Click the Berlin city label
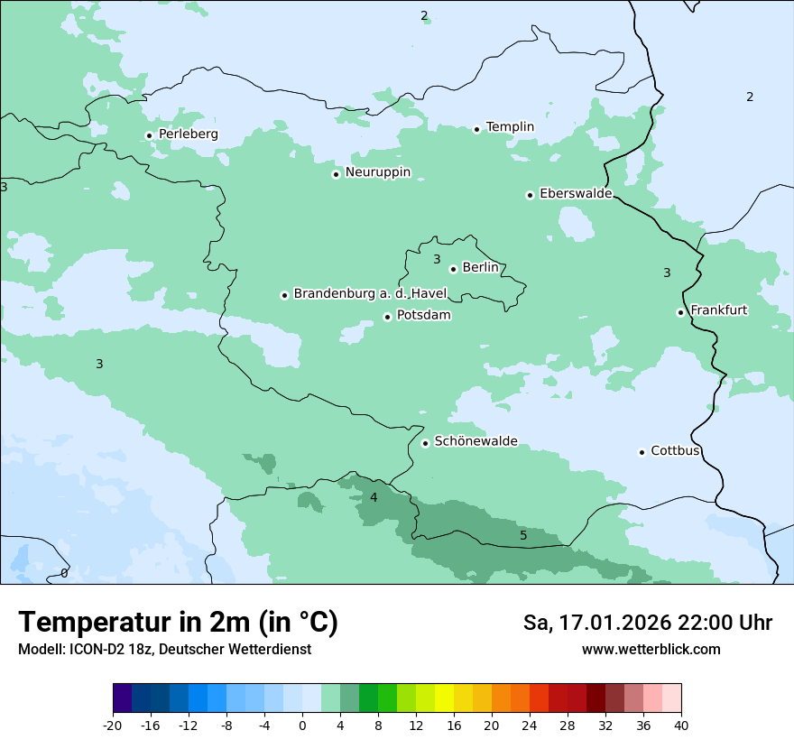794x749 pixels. pyautogui.click(x=480, y=268)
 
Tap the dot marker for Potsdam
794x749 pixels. pyautogui.click(x=387, y=317)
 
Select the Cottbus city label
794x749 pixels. pyautogui.click(x=675, y=451)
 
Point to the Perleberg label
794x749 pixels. pyautogui.click(x=188, y=134)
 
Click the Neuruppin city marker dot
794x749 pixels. pyautogui.click(x=336, y=174)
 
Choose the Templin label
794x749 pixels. pyautogui.click(x=510, y=127)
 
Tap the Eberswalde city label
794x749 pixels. pyautogui.click(x=576, y=194)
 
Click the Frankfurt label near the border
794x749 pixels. pyautogui.click(x=718, y=310)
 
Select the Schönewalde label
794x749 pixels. pyautogui.click(x=475, y=441)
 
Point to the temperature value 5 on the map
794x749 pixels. pyautogui.click(x=523, y=536)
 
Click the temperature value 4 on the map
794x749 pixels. pyautogui.click(x=374, y=497)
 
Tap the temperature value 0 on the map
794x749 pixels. pyautogui.click(x=64, y=573)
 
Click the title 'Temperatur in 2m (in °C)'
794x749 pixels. pyautogui.click(x=178, y=623)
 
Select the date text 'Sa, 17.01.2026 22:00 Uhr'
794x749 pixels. pyautogui.click(x=647, y=623)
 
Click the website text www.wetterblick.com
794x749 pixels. pyautogui.click(x=651, y=650)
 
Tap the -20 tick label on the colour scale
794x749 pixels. pyautogui.click(x=113, y=725)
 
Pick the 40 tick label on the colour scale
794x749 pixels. pyautogui.click(x=681, y=725)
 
